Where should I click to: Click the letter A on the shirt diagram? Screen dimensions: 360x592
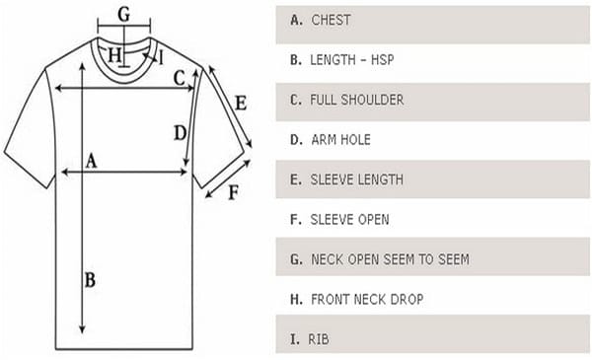(x=92, y=161)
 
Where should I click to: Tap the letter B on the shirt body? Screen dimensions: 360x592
(x=90, y=280)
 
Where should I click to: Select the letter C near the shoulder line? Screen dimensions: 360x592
(x=179, y=78)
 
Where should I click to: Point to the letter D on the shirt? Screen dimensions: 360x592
(x=178, y=132)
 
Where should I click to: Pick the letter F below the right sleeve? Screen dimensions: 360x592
(x=233, y=192)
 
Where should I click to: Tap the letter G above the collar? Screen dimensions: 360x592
(x=123, y=14)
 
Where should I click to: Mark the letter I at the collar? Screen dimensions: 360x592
(x=160, y=57)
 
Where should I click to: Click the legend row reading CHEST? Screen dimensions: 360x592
(x=331, y=20)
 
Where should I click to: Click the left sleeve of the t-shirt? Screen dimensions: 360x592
(x=28, y=132)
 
